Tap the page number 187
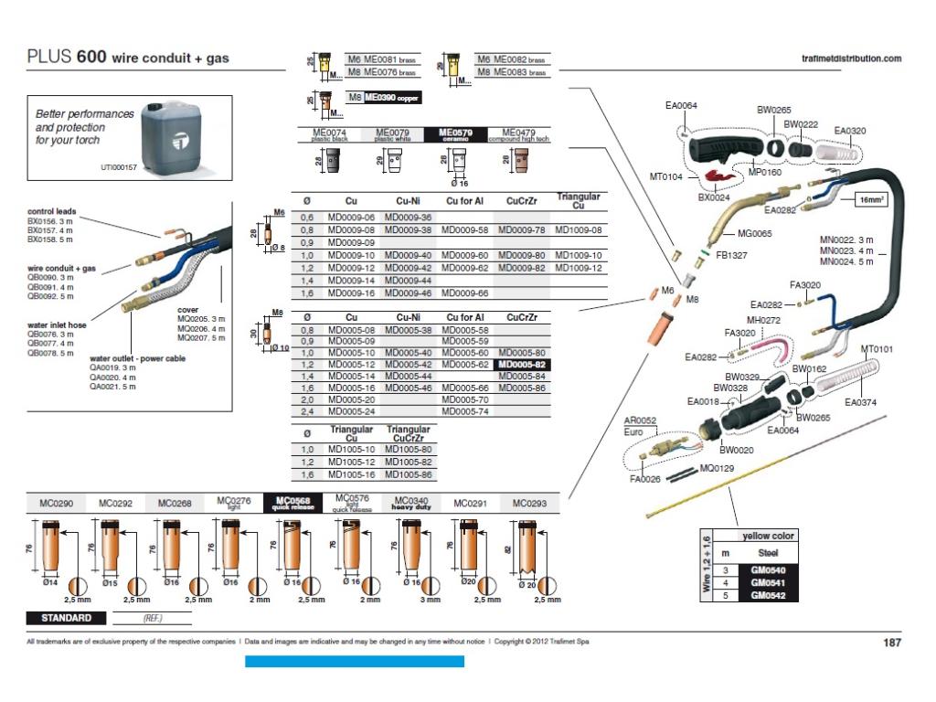[x=891, y=643]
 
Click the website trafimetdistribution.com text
[x=850, y=58]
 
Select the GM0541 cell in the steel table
[x=766, y=582]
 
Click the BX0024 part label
[x=713, y=197]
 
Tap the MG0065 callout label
[x=755, y=234]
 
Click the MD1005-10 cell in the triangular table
[x=351, y=450]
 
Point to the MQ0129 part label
[x=717, y=468]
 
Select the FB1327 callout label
[x=731, y=255]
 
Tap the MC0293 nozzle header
[x=530, y=503]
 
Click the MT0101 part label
[x=877, y=349]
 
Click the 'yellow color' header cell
[x=767, y=536]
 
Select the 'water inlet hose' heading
[x=57, y=324]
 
